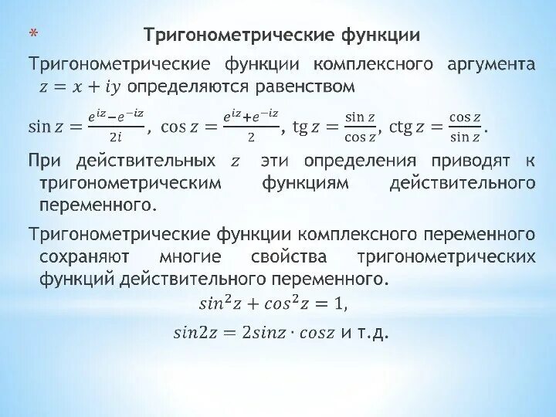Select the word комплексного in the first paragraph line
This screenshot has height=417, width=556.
(378, 63)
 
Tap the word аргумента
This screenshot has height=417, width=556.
(490, 63)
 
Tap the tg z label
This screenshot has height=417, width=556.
(310, 127)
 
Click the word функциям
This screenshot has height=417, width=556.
(305, 183)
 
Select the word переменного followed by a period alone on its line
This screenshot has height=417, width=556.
(97, 205)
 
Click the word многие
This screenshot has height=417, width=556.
(190, 256)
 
